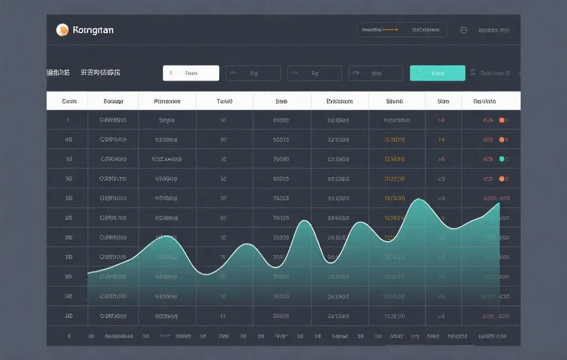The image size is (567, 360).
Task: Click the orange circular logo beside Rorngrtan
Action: [x=63, y=30]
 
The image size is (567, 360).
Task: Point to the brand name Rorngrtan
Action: [x=93, y=30]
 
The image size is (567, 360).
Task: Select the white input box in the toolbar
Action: [x=191, y=73]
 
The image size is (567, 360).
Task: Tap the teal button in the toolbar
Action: [x=437, y=73]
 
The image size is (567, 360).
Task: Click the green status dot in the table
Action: [x=502, y=159]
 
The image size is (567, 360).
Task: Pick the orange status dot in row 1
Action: [x=502, y=120]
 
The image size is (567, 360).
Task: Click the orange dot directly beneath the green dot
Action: [x=502, y=179]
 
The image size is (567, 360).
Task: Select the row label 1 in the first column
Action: [x=68, y=120]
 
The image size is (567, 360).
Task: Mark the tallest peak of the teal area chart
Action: [x=420, y=199]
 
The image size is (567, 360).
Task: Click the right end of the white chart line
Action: [x=499, y=203]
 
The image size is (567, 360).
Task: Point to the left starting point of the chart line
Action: [x=88, y=273]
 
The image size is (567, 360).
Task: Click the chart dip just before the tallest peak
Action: [x=390, y=240]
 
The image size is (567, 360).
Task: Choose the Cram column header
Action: [x=69, y=101]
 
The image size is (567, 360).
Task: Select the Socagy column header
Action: [x=113, y=101]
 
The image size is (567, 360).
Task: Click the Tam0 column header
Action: [x=224, y=101]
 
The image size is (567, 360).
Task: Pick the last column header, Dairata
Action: [x=484, y=101]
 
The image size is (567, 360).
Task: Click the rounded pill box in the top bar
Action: [x=402, y=30]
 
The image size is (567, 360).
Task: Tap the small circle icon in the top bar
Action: [x=464, y=30]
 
